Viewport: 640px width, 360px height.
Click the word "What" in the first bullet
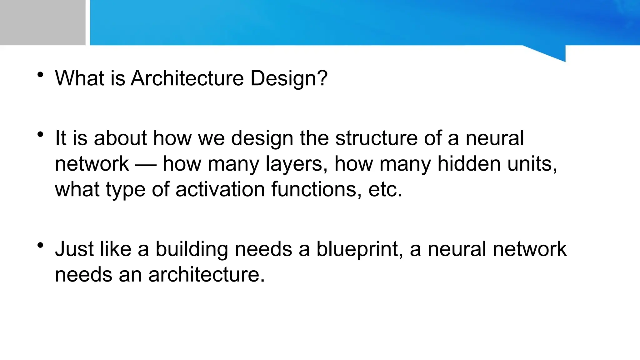coord(79,78)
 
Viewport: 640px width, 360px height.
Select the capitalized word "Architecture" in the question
coord(187,78)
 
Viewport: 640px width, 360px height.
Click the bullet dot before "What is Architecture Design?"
coord(40,75)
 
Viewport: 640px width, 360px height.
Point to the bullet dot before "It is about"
coord(40,135)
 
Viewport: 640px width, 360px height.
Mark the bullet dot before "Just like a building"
coord(40,246)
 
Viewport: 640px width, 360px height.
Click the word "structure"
coord(376,138)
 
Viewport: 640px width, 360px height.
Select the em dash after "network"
coord(146,164)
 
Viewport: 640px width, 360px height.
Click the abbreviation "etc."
coord(385,189)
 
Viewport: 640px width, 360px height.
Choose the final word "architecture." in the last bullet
coord(207,275)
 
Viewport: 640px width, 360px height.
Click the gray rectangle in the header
coord(42,22)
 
